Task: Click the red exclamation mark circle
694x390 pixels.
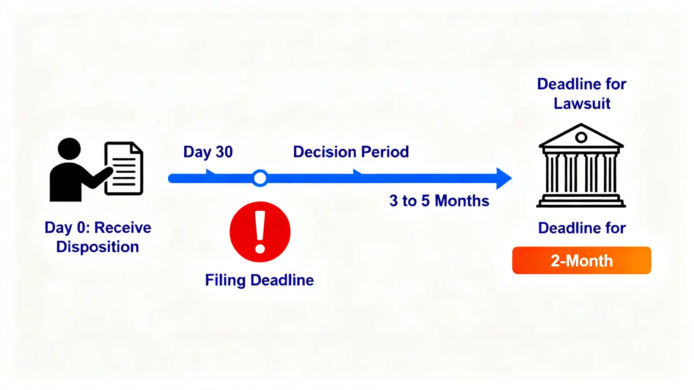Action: tap(260, 232)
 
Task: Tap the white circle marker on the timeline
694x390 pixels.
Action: tap(260, 178)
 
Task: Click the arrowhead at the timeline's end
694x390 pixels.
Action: tap(504, 178)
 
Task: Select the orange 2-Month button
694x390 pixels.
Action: tap(582, 260)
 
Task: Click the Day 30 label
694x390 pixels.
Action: tap(208, 152)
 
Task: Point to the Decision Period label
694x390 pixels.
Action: tap(351, 152)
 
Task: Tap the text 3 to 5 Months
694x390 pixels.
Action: tap(439, 201)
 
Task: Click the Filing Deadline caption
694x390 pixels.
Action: tap(260, 280)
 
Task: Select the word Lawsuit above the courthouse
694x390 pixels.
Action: tap(582, 103)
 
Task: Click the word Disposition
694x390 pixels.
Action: tap(97, 247)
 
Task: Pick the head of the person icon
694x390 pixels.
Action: tap(69, 149)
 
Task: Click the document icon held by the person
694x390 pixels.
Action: tap(124, 169)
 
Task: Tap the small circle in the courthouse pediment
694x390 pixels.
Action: tap(581, 137)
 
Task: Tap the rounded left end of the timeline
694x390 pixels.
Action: tap(172, 178)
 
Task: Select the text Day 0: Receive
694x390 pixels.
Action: tap(98, 228)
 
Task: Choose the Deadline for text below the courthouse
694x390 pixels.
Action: tap(582, 228)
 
